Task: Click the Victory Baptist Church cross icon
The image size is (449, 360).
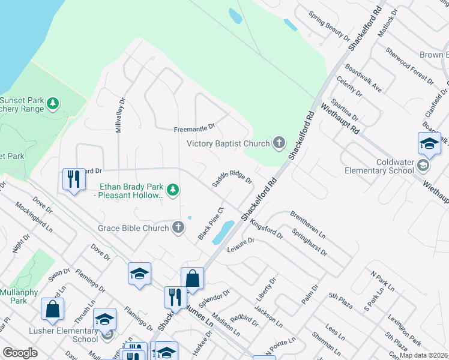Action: (279, 143)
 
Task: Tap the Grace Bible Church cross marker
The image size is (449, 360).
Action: (178, 227)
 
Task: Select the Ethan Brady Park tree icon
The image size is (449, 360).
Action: (173, 190)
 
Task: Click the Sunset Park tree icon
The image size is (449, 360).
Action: (53, 104)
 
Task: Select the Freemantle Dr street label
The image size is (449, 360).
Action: (194, 128)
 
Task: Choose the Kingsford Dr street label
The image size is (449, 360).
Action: (266, 229)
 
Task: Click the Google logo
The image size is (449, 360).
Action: (20, 353)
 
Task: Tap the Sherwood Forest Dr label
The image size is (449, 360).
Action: (409, 66)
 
